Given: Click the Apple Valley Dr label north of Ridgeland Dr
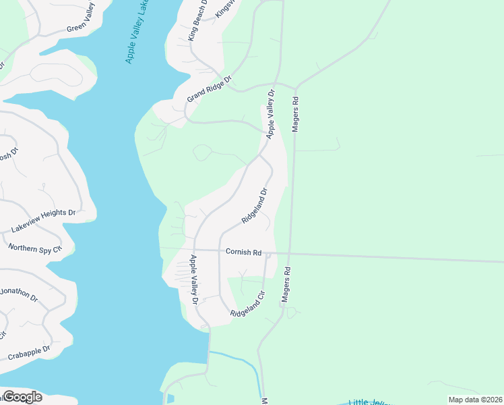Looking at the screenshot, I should coord(271,114).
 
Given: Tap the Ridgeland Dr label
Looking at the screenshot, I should coord(255,206).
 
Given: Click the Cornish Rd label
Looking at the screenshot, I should coord(243,252).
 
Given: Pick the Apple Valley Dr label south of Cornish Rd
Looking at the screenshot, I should coord(193,279).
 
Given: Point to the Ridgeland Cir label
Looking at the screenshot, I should coord(249,304).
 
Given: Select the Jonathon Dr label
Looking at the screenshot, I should coord(19,298).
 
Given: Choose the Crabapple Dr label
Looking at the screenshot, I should coord(29,352).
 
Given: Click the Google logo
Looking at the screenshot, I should coord(22,397).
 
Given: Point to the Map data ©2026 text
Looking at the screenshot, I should coord(474,400).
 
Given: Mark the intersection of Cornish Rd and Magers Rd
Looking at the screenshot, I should coord(290,254).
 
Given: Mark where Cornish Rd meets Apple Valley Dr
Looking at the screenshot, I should coord(194,250).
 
